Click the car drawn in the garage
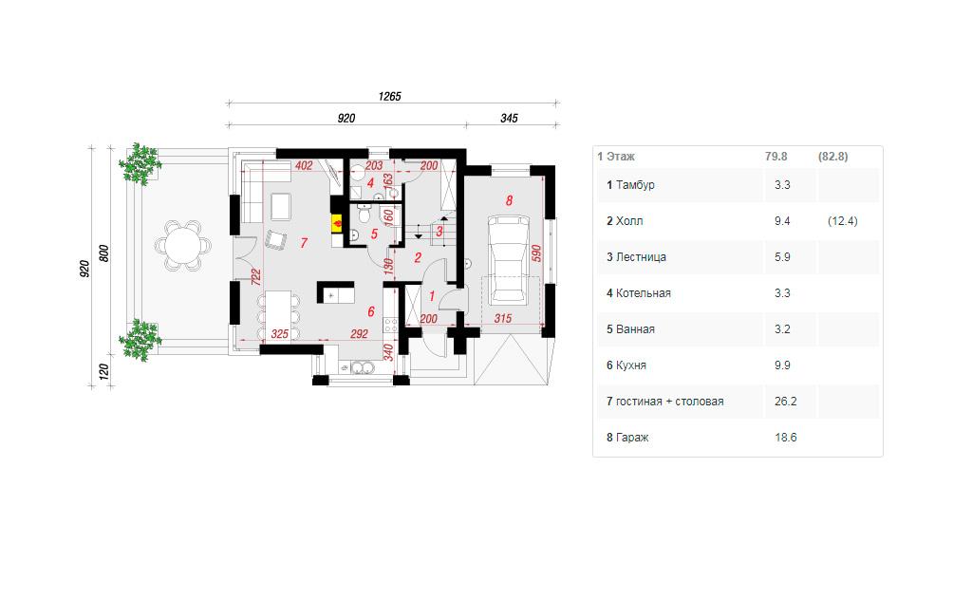[509, 260]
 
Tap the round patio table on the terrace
[183, 244]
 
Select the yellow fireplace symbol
[338, 223]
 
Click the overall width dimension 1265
[390, 96]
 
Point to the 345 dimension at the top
[509, 118]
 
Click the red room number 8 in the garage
[509, 200]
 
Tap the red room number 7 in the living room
[304, 242]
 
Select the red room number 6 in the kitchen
[371, 311]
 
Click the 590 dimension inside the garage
[537, 253]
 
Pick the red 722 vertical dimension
[255, 276]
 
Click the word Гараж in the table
[632, 438]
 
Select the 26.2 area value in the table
[785, 402]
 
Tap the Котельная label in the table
[643, 293]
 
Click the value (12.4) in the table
[843, 221]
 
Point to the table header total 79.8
[776, 157]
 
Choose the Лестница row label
[641, 256]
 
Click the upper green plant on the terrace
[140, 163]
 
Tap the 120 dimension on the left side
[104, 371]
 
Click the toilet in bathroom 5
[365, 215]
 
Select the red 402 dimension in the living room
[304, 165]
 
